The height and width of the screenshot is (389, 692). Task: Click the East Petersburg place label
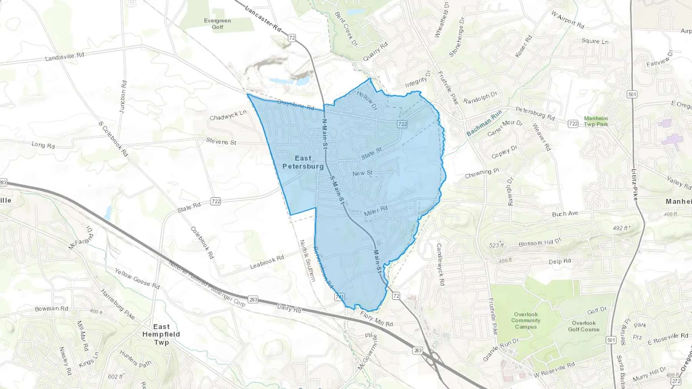tap(303, 162)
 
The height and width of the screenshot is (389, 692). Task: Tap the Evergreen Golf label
tap(218, 24)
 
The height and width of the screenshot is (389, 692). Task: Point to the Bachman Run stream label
tap(484, 123)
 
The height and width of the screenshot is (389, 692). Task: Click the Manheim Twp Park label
tap(596, 121)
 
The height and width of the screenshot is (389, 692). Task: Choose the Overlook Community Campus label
tap(526, 320)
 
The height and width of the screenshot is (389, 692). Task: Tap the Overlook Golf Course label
tap(584, 326)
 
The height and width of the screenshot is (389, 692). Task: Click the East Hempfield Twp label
tap(161, 334)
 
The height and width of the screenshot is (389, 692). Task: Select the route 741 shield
tap(339, 297)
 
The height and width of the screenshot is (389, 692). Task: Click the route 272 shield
tap(676, 381)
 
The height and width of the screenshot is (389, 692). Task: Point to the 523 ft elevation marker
tap(496, 245)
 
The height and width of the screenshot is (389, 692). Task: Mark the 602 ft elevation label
tap(115, 377)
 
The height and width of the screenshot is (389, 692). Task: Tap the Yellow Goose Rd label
tap(137, 278)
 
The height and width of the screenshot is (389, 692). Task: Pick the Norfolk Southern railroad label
tap(308, 260)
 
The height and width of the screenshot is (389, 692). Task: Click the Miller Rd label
tap(376, 211)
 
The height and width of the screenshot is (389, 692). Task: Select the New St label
tap(363, 173)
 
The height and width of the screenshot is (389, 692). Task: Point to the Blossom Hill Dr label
tap(540, 243)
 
